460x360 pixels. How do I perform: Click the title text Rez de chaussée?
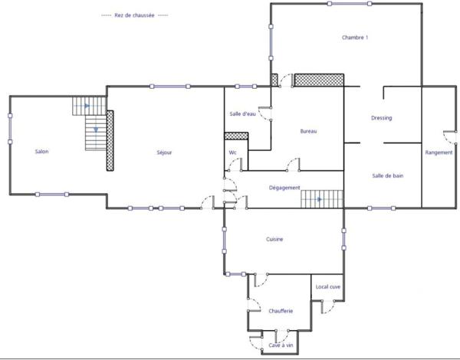[135, 15]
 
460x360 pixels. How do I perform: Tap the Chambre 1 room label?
[356, 38]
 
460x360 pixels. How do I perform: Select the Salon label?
[42, 152]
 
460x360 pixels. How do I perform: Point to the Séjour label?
[164, 152]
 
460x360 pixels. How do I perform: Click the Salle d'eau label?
[242, 114]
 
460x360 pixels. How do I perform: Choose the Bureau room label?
[309, 132]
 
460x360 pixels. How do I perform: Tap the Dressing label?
[381, 118]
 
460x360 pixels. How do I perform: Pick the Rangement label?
[439, 152]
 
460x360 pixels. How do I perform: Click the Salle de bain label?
[388, 175]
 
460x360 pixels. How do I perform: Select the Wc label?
[232, 152]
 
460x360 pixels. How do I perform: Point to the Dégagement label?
[284, 188]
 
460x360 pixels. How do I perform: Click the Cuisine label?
[275, 240]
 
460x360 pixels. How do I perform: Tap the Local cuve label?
[328, 286]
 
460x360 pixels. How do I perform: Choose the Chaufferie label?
[281, 310]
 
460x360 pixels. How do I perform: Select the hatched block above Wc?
[235, 136]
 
